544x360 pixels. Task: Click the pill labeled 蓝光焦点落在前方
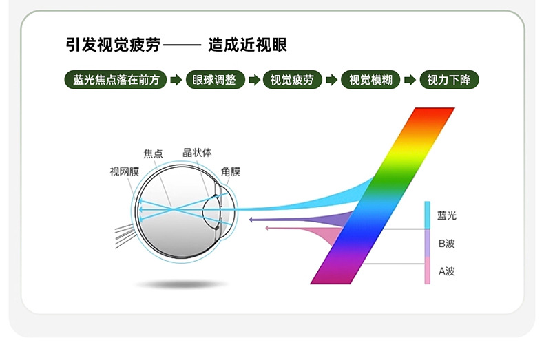(116, 80)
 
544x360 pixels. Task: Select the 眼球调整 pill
(215, 80)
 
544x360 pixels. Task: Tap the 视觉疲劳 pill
(292, 80)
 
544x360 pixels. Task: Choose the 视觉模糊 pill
(370, 80)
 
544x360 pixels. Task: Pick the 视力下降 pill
(449, 80)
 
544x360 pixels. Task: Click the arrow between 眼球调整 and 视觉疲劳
(254, 80)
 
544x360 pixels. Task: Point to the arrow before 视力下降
(410, 80)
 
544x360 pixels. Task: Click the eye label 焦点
(153, 153)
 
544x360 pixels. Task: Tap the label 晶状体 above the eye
(197, 153)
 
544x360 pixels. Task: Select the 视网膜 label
(125, 171)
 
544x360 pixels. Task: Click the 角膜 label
(231, 171)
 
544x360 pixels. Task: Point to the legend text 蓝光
(447, 215)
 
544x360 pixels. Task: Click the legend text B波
(446, 244)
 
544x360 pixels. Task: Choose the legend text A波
(446, 271)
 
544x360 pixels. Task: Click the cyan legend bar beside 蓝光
(428, 215)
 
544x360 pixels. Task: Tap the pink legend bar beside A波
(428, 271)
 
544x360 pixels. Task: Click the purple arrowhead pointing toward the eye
(251, 220)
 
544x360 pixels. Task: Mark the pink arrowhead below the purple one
(266, 228)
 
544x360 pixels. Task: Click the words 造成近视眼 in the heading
(248, 45)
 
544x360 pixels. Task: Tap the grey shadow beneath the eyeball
(182, 285)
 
